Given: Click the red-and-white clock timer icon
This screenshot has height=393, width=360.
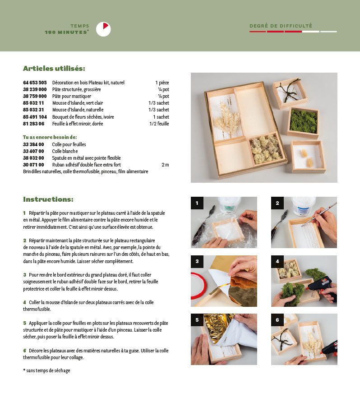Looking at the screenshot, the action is tap(103, 29).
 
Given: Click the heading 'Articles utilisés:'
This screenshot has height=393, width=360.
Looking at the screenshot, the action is tap(54, 69).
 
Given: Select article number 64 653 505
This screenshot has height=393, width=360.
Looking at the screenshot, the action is tap(35, 83).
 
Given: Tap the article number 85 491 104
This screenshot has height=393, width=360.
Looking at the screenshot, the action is tap(35, 117).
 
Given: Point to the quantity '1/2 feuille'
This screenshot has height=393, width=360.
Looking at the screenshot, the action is tap(159, 124).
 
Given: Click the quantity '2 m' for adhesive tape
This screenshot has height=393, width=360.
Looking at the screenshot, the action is tap(166, 165).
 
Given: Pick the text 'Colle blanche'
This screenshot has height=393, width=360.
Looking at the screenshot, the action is tap(65, 151).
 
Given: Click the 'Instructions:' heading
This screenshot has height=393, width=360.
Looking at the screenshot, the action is tap(48, 199).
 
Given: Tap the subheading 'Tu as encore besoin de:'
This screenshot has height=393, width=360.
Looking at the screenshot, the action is tap(50, 137).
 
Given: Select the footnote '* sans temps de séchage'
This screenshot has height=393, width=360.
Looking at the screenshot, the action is tap(46, 370).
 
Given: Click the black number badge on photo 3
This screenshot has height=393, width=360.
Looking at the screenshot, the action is tap(197, 261).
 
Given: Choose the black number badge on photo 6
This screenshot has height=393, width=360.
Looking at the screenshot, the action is tap(277, 320).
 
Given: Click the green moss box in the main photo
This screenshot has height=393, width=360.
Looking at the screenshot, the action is tap(303, 122).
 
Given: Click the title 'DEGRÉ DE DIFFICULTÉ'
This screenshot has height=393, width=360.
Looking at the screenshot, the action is tap(281, 26).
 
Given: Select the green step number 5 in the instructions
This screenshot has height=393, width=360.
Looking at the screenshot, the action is tap(24, 323).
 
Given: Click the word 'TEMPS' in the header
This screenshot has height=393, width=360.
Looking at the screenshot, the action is tap(80, 26).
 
